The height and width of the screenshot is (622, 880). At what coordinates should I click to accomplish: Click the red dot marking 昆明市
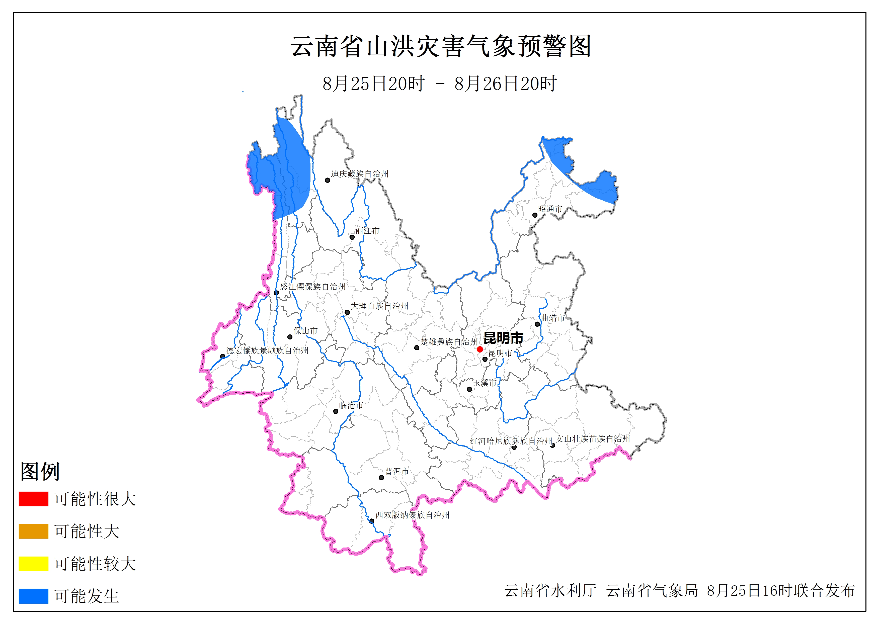tap(479, 349)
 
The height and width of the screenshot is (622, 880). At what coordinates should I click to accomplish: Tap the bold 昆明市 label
tap(503, 338)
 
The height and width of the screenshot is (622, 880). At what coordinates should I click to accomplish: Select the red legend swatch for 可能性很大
tap(33, 499)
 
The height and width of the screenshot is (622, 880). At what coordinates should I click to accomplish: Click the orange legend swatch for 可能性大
tap(33, 531)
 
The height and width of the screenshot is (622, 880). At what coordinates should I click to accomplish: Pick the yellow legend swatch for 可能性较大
tap(33, 563)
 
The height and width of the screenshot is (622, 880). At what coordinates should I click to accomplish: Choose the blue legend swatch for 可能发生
tap(33, 596)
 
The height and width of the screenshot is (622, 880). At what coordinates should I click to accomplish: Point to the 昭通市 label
tap(550, 209)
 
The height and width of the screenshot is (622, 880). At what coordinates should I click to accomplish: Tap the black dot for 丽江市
tap(352, 237)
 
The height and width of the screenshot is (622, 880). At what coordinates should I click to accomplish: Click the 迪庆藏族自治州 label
tap(360, 174)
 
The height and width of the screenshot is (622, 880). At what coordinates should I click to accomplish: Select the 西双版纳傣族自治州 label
tap(412, 515)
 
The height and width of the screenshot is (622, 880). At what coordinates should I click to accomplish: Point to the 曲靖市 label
tap(553, 318)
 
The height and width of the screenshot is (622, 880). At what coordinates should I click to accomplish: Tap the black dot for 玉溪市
tap(469, 389)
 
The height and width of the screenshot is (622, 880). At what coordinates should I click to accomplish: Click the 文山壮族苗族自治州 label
tap(593, 439)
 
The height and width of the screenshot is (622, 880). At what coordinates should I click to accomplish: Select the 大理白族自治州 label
tap(379, 306)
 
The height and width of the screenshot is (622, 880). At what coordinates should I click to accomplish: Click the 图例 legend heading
tap(40, 471)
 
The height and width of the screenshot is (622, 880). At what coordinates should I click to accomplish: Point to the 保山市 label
tap(305, 331)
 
